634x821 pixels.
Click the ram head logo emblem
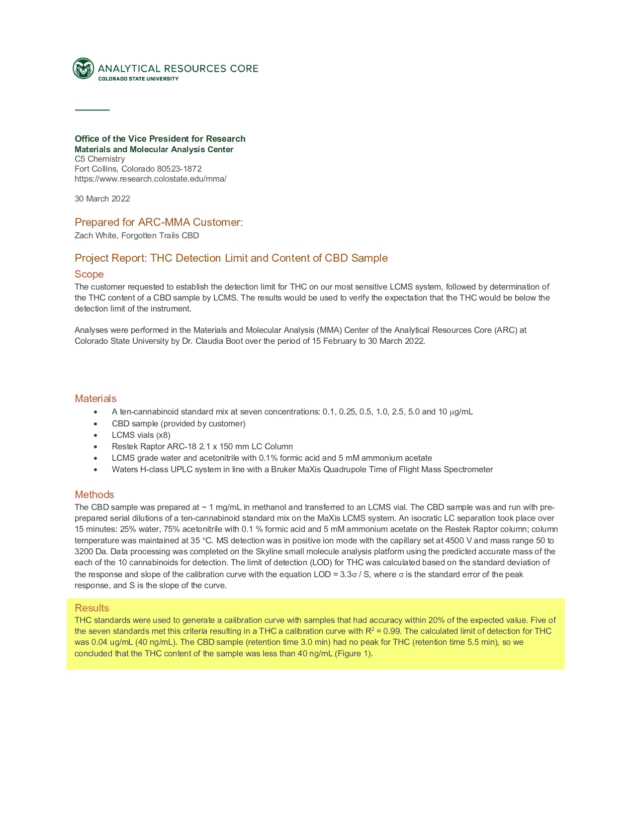tap(83, 69)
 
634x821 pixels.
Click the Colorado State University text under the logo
tap(138, 79)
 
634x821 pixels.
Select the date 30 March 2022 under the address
tap(102, 199)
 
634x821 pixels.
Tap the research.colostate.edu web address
tap(150, 179)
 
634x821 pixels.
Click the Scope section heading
tap(89, 274)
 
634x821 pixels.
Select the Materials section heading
tap(95, 399)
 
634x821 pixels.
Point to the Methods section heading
tap(94, 495)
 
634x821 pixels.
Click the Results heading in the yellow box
tap(91, 608)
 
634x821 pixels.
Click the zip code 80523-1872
tap(179, 169)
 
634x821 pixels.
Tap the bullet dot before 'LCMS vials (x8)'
tap(95, 435)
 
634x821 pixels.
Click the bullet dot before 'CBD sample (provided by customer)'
tap(95, 424)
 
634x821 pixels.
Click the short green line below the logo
tap(92, 109)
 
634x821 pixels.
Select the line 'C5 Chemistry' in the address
tap(99, 159)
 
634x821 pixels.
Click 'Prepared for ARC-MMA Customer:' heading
tap(159, 222)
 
